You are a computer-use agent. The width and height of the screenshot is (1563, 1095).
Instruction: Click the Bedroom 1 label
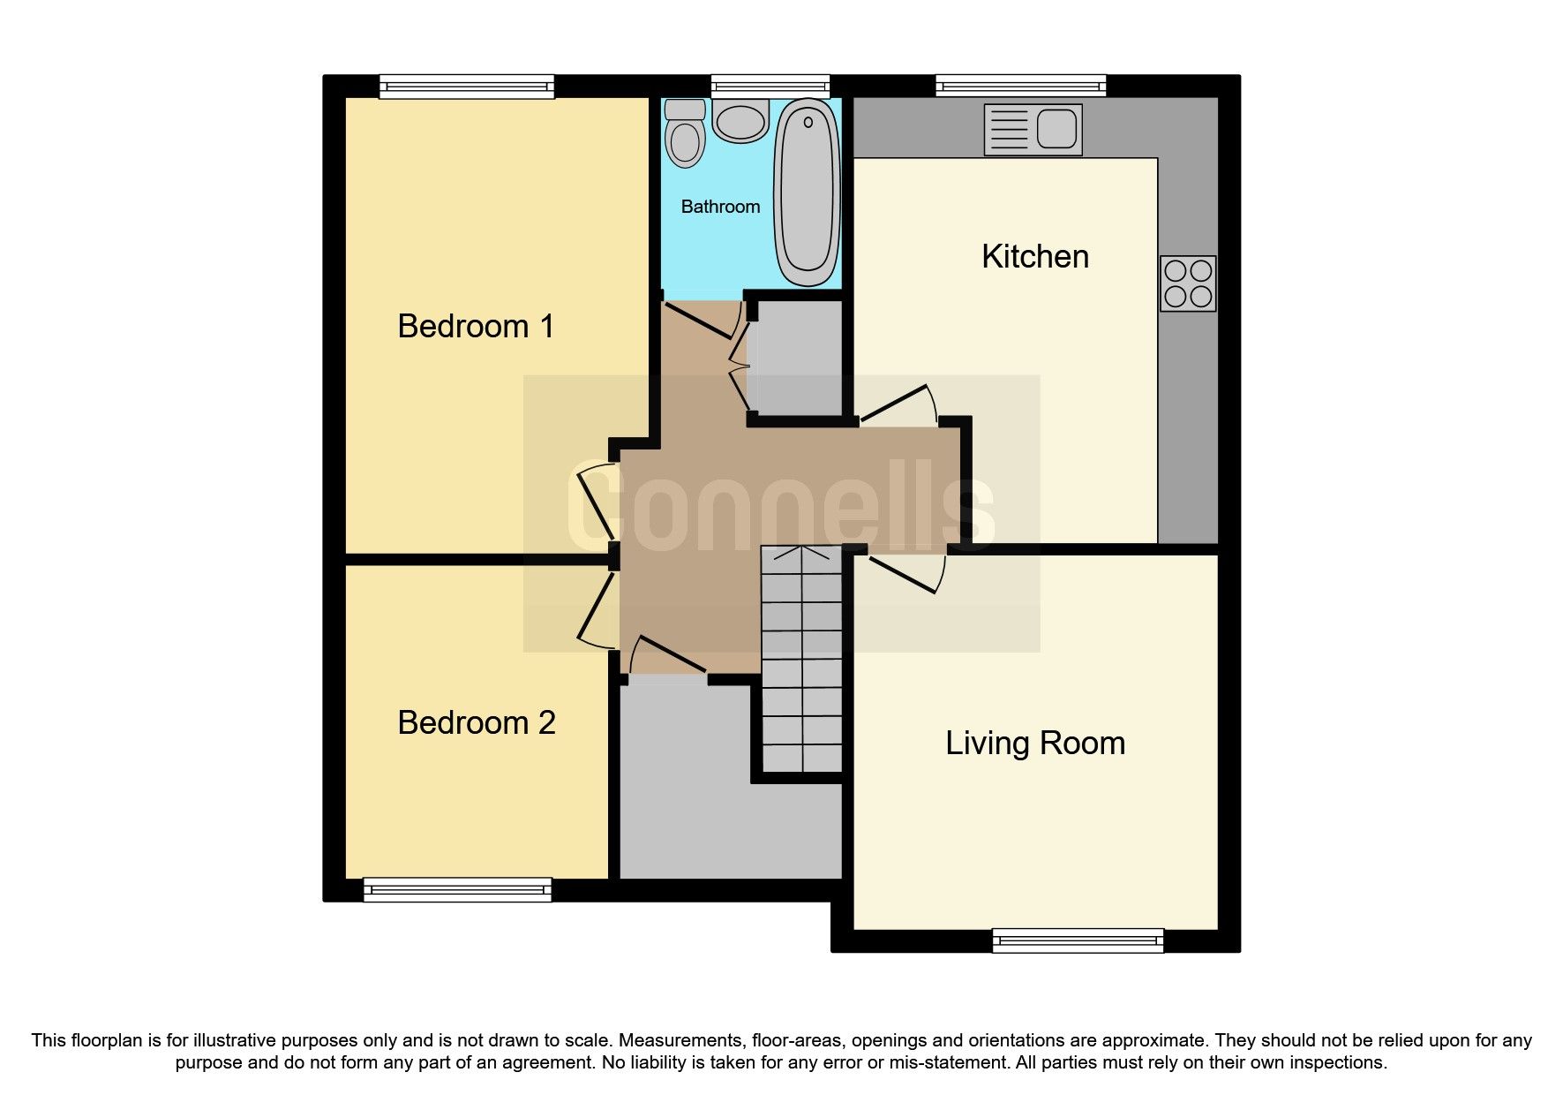click(476, 326)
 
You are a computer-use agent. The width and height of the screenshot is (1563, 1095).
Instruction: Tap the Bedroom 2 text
click(476, 722)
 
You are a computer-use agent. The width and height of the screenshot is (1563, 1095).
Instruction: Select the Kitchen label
click(1034, 256)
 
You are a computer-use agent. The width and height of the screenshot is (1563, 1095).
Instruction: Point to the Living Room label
click(1034, 743)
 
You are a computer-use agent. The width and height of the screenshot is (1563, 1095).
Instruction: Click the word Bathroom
click(720, 207)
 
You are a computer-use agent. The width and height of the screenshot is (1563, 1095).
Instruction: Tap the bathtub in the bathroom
click(806, 193)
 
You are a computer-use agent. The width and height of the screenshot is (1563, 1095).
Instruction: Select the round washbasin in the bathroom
click(740, 121)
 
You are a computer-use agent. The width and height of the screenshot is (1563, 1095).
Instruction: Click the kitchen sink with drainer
click(1032, 130)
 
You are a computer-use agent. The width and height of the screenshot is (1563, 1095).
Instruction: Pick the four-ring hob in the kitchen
click(1187, 283)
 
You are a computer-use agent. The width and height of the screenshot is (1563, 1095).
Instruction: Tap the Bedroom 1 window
click(467, 86)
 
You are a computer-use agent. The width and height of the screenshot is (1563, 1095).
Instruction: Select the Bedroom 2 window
click(457, 889)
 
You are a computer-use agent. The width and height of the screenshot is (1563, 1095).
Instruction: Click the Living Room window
click(1078, 940)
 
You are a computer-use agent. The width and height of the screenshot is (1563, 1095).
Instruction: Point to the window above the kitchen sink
click(1020, 86)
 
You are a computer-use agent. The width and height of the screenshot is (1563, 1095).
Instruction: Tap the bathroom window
click(770, 86)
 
